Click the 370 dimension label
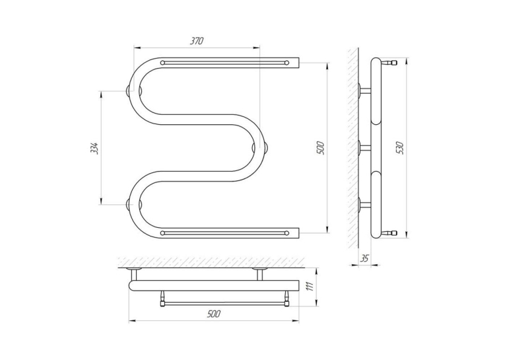coord(197,41)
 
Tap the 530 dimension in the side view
coord(401,147)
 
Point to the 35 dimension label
coord(364,258)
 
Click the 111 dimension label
coord(310,286)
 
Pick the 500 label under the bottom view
coord(214,314)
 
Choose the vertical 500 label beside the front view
coord(321,147)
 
